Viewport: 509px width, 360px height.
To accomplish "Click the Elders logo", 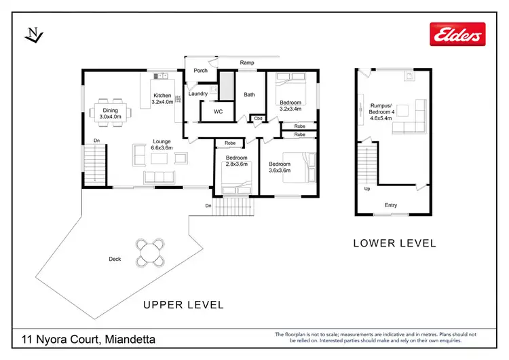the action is coord(457,34).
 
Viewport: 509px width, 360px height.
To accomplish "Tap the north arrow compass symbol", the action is coord(34,35).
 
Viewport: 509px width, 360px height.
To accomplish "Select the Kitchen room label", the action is coord(162,98).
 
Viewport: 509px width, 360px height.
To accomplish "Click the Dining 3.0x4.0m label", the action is coord(111,113).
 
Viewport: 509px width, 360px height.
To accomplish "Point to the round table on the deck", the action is coord(150,253).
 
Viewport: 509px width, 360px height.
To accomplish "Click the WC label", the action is coord(218,111).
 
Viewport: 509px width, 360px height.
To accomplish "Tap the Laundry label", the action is coord(198,94).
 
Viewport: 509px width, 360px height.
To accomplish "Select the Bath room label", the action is coord(249,94).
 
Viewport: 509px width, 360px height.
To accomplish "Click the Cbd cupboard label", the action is coord(258,118).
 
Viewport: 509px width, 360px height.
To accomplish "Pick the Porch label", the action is coord(201,70).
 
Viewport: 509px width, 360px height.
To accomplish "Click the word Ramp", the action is coord(247,62).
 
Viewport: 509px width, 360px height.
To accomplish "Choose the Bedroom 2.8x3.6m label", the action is coord(237,161).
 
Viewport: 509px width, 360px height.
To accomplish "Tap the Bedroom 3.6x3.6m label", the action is coord(280,167).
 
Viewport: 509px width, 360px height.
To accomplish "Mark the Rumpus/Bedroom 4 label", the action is coord(381,112).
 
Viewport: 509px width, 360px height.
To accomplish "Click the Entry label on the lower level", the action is coord(391,205).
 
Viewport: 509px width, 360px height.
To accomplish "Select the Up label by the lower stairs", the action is coord(367,189).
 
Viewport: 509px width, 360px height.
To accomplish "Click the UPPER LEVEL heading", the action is coord(183,305).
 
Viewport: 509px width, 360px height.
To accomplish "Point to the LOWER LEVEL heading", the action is coord(394,243).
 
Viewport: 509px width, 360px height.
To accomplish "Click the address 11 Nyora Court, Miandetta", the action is coord(88,339).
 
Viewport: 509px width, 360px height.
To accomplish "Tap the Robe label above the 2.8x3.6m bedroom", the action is coord(230,143).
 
